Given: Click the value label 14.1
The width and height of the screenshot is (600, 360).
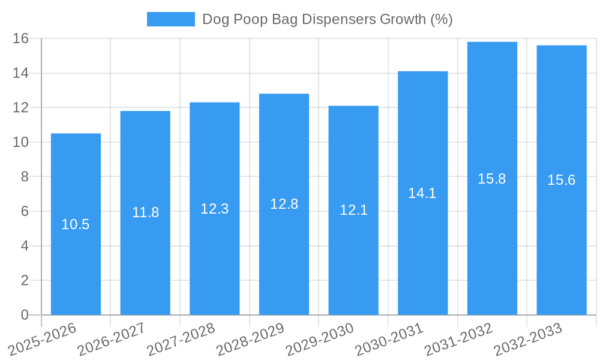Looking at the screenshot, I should tap(422, 193).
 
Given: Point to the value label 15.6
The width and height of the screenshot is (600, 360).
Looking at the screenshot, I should tap(561, 180).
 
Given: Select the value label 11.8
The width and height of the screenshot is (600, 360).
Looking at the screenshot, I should tap(145, 212).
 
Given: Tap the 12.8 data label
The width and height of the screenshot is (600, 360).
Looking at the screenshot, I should tap(284, 204).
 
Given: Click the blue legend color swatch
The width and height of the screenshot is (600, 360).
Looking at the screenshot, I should tap(171, 19).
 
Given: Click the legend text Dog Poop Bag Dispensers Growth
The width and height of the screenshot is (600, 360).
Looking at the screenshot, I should tap(327, 19).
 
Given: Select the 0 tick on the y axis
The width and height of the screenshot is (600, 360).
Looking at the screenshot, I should tap(25, 315).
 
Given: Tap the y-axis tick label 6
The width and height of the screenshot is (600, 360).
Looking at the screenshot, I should tap(25, 211).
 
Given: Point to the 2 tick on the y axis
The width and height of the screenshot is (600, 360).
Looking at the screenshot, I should tap(25, 280).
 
